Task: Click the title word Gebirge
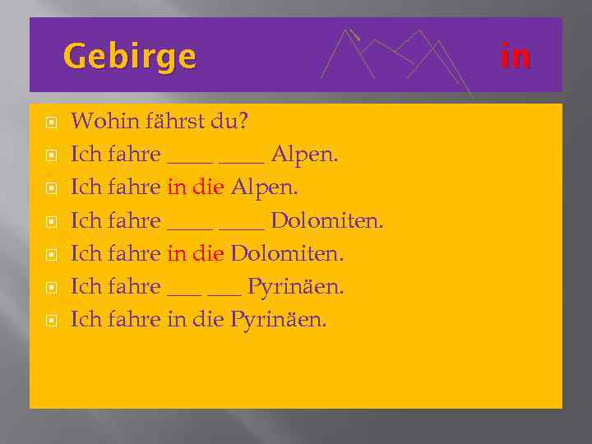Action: [129, 57]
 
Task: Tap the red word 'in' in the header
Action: [516, 57]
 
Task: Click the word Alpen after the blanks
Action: [304, 155]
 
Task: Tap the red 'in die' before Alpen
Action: [196, 187]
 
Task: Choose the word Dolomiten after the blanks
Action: [326, 220]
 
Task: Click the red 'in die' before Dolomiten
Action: [196, 253]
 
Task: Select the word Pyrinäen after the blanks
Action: [296, 286]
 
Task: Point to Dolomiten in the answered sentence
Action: [287, 253]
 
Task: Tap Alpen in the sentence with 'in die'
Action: [265, 187]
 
